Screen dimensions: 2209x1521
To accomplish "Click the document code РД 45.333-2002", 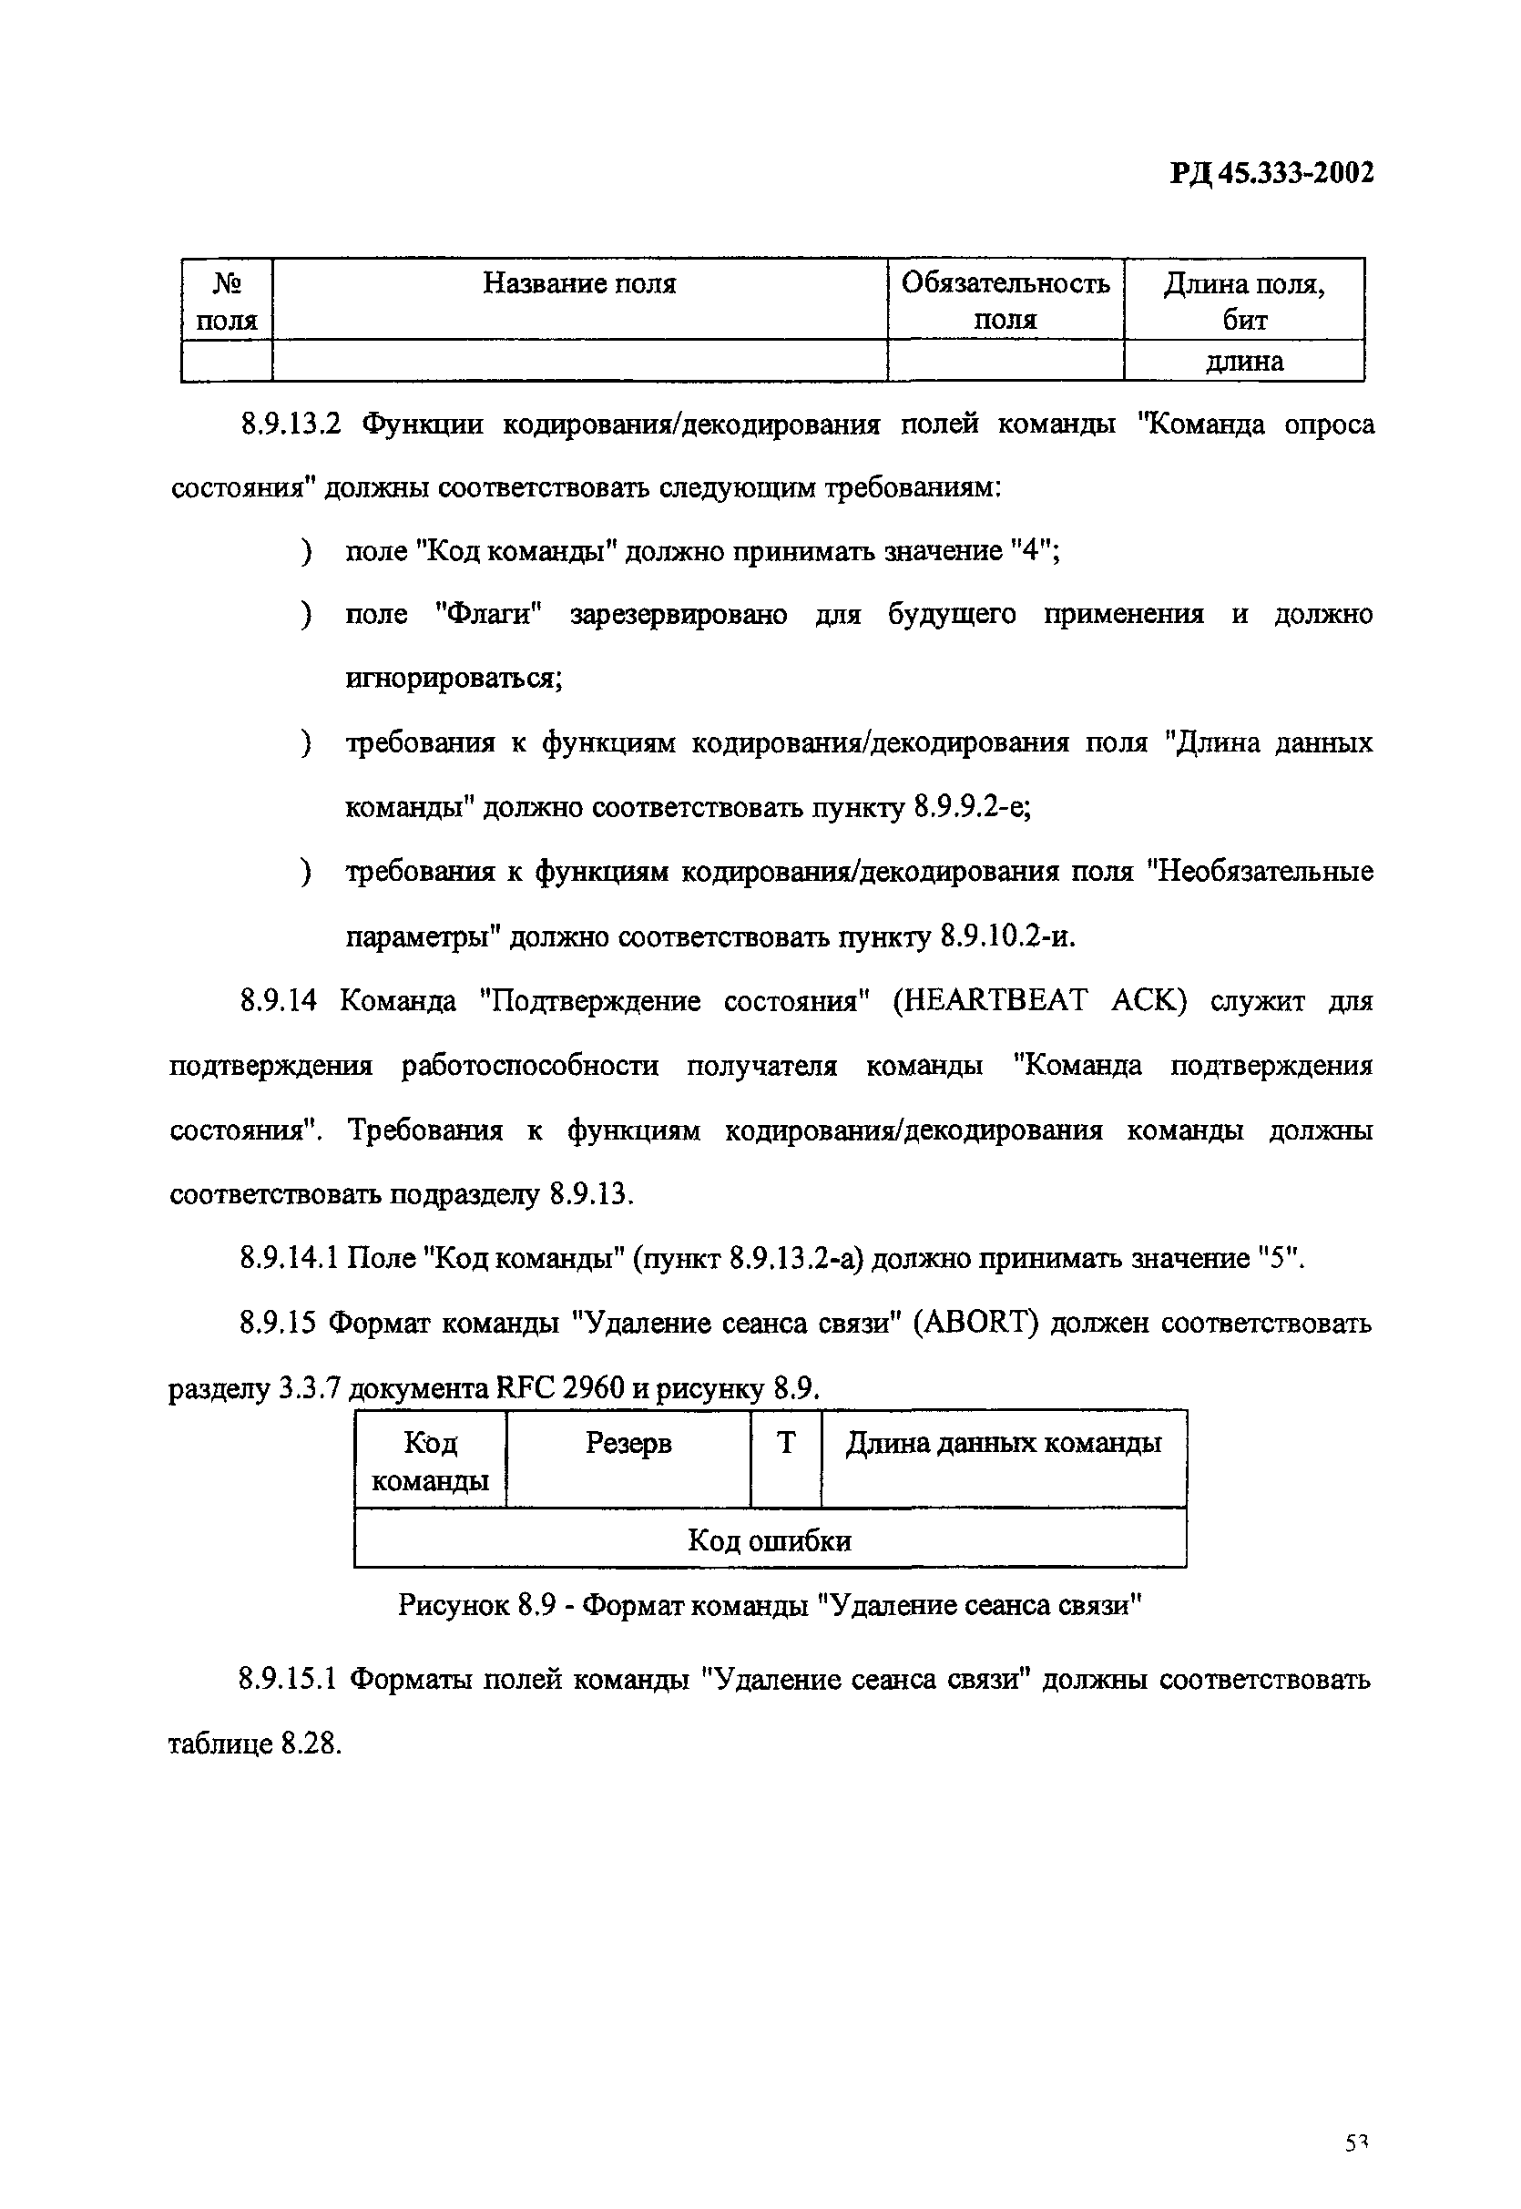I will [x=1272, y=173].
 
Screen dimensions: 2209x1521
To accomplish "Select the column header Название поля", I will [x=579, y=283].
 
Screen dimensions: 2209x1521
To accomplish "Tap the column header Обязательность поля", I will [x=1005, y=301].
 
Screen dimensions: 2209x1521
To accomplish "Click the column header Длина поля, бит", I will [x=1244, y=302].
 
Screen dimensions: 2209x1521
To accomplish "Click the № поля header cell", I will [x=227, y=302].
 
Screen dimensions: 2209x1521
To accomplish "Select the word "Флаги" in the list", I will [x=488, y=615].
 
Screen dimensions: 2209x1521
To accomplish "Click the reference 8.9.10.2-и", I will [x=1006, y=936].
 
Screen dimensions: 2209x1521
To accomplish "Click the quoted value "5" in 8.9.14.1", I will [x=1278, y=1259].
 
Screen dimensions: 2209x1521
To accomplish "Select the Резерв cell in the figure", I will [x=628, y=1445].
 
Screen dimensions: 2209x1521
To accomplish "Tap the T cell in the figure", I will [x=785, y=1445].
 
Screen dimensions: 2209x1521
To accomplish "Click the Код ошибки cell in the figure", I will [x=769, y=1541].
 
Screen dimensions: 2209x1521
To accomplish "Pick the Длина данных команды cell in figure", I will [x=1004, y=1445].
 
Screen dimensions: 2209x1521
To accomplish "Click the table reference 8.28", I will [x=310, y=1744].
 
